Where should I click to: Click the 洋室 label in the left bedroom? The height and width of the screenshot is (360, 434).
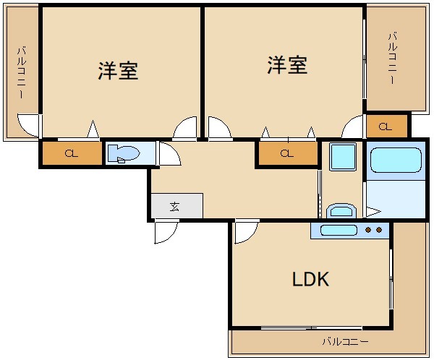[x=118, y=71]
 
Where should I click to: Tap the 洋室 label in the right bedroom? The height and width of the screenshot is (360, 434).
[x=287, y=65]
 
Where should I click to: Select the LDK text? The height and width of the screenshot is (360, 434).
[x=310, y=279]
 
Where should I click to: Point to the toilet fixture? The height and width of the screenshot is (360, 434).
[x=124, y=153]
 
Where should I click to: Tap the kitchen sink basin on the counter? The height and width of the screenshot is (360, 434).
[x=337, y=231]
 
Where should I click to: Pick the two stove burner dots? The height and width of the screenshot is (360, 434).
[x=373, y=231]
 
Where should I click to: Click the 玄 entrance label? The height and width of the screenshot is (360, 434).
[x=175, y=206]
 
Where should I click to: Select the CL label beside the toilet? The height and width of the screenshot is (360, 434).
[x=71, y=153]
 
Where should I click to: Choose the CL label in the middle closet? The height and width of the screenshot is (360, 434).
[x=286, y=153]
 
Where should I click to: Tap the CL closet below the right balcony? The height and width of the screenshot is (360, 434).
[x=385, y=127]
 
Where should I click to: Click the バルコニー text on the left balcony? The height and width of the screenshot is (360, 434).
[x=22, y=72]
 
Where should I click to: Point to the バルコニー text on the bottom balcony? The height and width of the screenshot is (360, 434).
[x=345, y=340]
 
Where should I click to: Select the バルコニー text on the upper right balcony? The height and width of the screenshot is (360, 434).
[x=391, y=58]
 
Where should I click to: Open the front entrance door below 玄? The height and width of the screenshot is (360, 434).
[x=166, y=231]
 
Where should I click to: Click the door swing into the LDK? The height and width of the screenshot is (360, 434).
[x=246, y=231]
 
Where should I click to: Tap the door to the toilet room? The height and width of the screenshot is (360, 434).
[x=169, y=154]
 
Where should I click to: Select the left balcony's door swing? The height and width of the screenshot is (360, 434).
[x=30, y=127]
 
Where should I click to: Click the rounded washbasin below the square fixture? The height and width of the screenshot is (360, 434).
[x=340, y=210]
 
